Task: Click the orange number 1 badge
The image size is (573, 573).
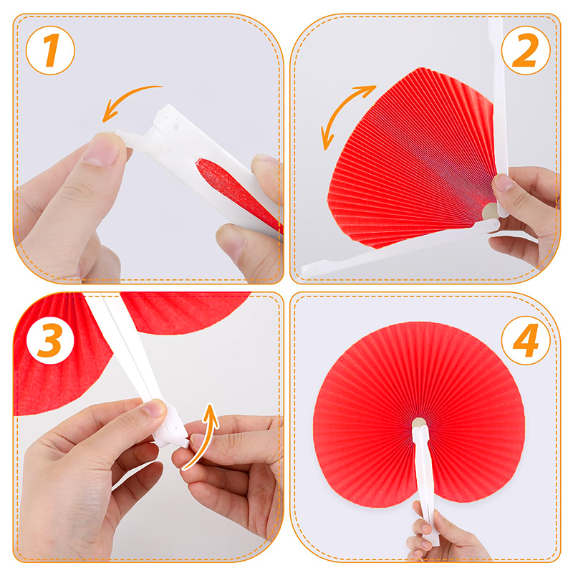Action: click(50, 50)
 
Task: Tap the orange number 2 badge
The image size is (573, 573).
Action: click(526, 50)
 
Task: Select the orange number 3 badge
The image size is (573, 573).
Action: click(50, 340)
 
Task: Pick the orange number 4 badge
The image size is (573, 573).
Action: click(526, 340)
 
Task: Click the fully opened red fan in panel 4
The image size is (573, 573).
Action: click(419, 413)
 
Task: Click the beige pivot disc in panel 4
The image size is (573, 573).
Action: click(419, 423)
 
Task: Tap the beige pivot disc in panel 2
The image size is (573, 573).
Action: click(491, 211)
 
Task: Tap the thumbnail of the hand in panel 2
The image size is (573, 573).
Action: click(504, 183)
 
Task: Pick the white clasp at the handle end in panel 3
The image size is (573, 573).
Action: click(172, 428)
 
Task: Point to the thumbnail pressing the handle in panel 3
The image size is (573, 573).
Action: click(154, 408)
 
